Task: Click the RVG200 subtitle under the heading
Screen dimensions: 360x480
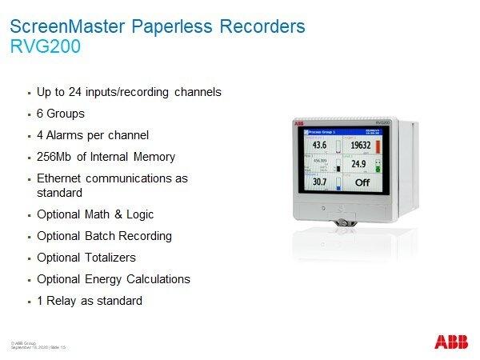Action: (45, 46)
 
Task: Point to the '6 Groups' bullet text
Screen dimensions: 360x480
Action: (61, 114)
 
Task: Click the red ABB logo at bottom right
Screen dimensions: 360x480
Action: (452, 342)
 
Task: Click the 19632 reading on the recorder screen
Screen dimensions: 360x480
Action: (361, 145)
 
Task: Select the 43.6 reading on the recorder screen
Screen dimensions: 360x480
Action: (320, 145)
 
